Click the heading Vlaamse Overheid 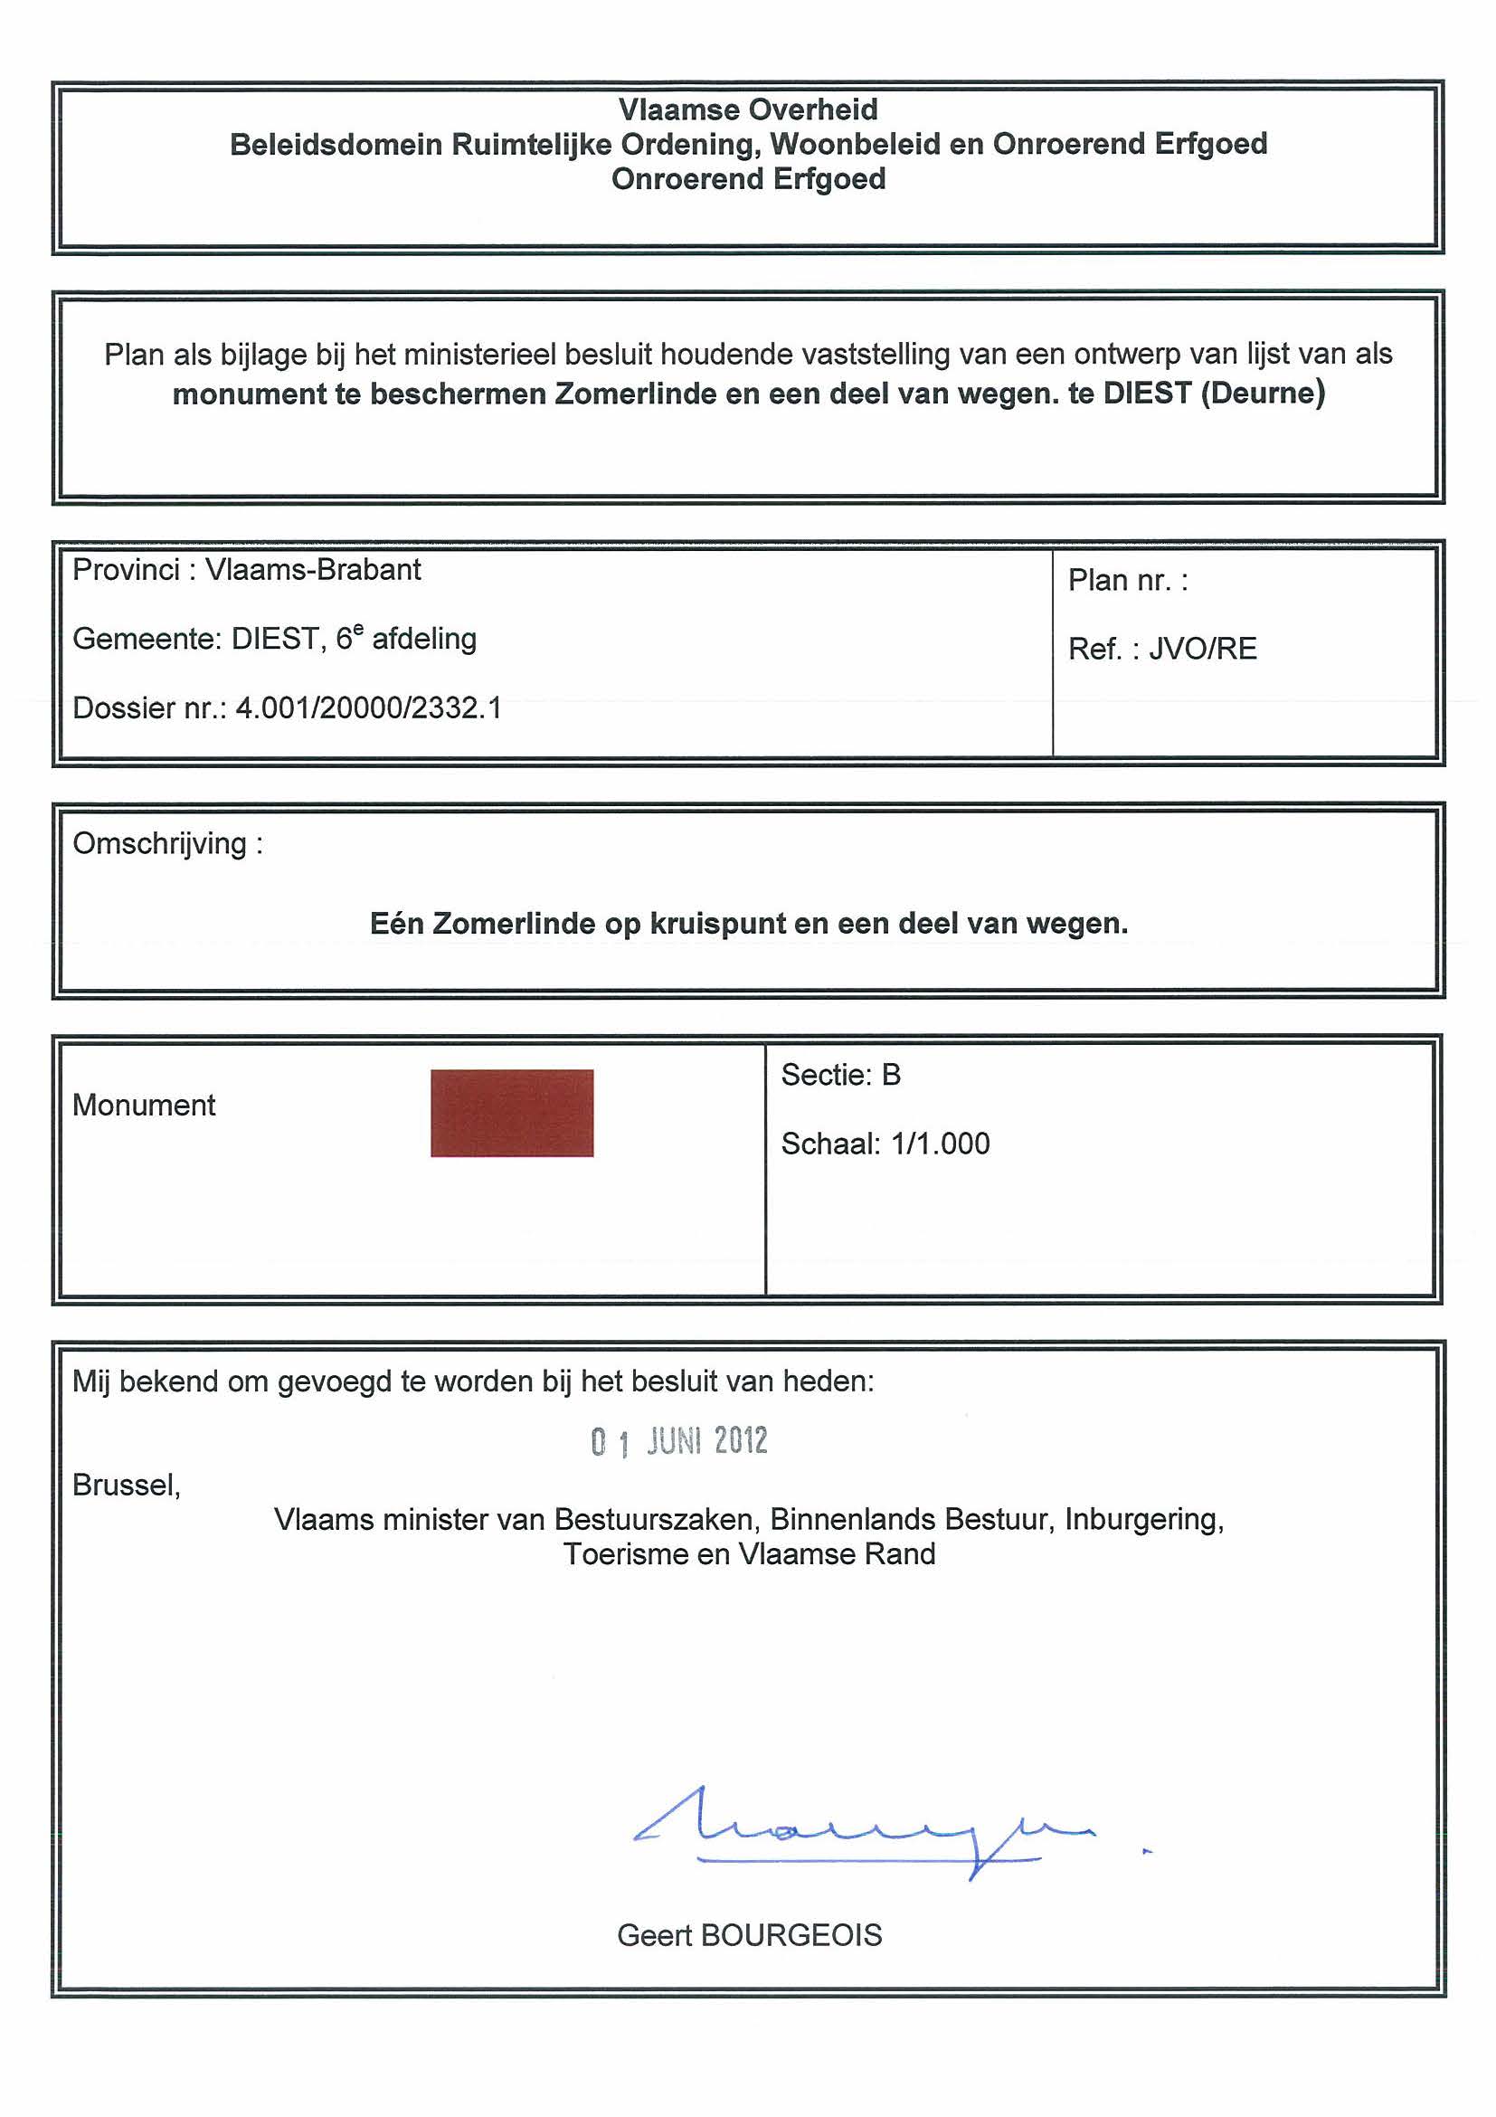747,109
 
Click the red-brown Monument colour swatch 512,1112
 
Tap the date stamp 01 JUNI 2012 679,1440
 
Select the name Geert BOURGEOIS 749,1935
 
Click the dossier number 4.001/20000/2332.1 369,708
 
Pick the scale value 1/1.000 940,1144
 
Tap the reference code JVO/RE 1202,649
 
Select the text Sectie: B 840,1075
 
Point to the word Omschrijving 159,844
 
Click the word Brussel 126,1486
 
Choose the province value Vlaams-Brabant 312,570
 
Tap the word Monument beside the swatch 144,1105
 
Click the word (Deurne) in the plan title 1263,394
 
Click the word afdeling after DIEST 424,639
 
